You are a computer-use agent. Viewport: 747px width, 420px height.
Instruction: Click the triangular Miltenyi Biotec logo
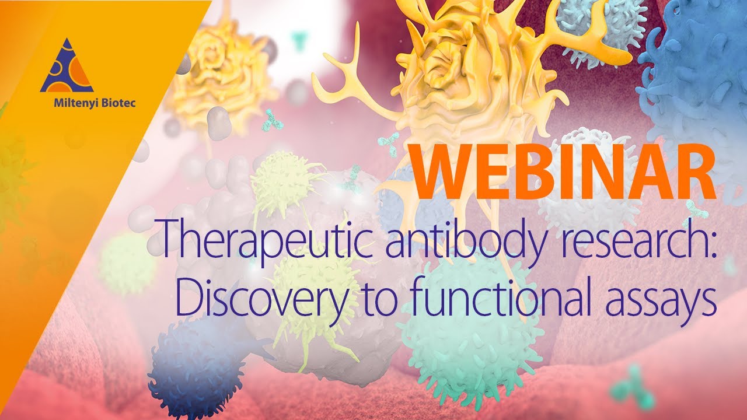67,67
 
